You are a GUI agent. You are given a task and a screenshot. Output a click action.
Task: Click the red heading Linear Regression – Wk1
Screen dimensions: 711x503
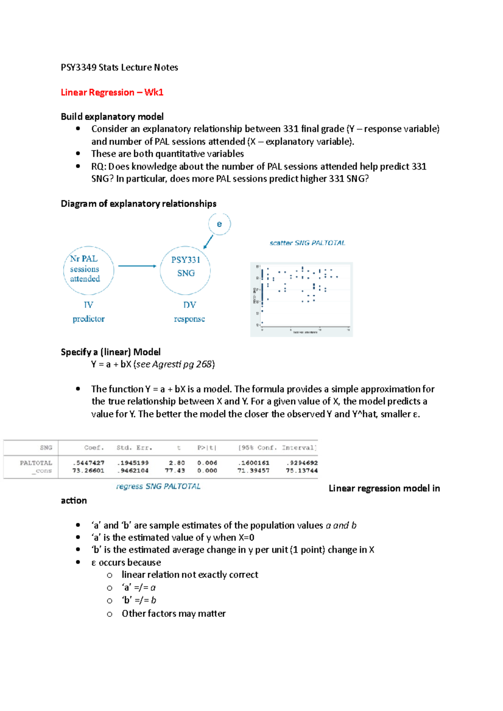click(112, 93)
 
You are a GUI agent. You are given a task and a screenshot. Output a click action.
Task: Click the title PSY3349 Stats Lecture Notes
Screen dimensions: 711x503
click(119, 67)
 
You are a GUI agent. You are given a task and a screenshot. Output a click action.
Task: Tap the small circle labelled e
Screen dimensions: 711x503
click(219, 224)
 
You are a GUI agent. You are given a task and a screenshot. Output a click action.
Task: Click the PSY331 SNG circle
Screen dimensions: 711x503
click(185, 270)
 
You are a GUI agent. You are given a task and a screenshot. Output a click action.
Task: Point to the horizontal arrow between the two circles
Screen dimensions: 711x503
click(137, 266)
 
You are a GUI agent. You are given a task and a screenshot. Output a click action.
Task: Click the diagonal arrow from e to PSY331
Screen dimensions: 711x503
click(208, 242)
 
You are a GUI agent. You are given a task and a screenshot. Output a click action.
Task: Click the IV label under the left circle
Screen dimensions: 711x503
click(88, 305)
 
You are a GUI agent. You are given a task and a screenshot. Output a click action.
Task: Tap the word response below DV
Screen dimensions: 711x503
click(189, 319)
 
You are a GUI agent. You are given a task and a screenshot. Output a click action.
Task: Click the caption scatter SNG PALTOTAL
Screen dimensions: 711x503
click(307, 243)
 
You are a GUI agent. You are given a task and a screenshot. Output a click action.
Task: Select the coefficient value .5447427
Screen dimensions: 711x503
click(88, 463)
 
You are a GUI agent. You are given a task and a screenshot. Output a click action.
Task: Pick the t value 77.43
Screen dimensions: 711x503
click(175, 471)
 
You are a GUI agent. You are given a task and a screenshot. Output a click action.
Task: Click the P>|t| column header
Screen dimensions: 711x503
click(207, 448)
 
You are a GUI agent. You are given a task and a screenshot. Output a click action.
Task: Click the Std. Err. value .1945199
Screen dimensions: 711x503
click(133, 463)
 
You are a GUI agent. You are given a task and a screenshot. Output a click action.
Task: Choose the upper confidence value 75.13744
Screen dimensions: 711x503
click(302, 471)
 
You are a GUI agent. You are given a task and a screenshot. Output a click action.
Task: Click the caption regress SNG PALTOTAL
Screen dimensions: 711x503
click(158, 487)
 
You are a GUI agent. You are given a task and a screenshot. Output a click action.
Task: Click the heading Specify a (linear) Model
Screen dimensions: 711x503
click(111, 352)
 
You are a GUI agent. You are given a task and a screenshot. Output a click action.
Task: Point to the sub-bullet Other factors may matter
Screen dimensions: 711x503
click(174, 614)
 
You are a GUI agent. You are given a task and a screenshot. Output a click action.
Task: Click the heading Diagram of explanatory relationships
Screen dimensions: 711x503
click(139, 204)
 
